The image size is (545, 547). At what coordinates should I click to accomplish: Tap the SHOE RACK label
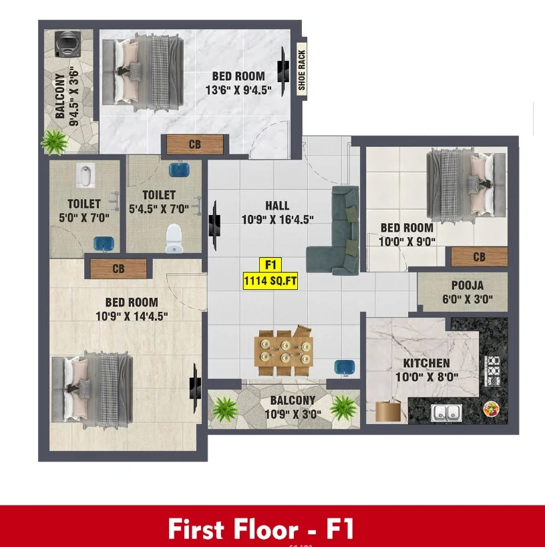tap(302, 69)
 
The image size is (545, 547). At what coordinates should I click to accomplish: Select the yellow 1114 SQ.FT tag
tap(270, 281)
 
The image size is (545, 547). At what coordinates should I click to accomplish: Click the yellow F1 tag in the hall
tap(270, 264)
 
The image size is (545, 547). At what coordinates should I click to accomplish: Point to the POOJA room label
tap(468, 285)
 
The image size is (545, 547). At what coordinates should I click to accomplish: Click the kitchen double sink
tap(446, 413)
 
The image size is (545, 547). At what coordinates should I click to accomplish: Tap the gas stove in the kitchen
tap(493, 371)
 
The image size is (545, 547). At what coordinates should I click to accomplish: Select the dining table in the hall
tap(284, 351)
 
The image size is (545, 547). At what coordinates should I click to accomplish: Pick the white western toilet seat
tap(174, 238)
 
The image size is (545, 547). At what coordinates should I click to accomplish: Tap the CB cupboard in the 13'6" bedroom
tap(195, 144)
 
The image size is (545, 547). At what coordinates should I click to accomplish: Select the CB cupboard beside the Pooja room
tap(479, 256)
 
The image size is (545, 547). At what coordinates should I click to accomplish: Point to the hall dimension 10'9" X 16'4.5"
tap(278, 220)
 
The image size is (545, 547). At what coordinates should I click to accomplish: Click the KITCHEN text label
tap(426, 363)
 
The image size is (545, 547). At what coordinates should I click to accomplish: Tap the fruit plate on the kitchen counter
tap(492, 409)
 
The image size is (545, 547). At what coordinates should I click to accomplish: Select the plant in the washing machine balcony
tap(54, 142)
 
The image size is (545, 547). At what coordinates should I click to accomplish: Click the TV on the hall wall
tap(214, 225)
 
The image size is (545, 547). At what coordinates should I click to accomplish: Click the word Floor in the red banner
tap(266, 529)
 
